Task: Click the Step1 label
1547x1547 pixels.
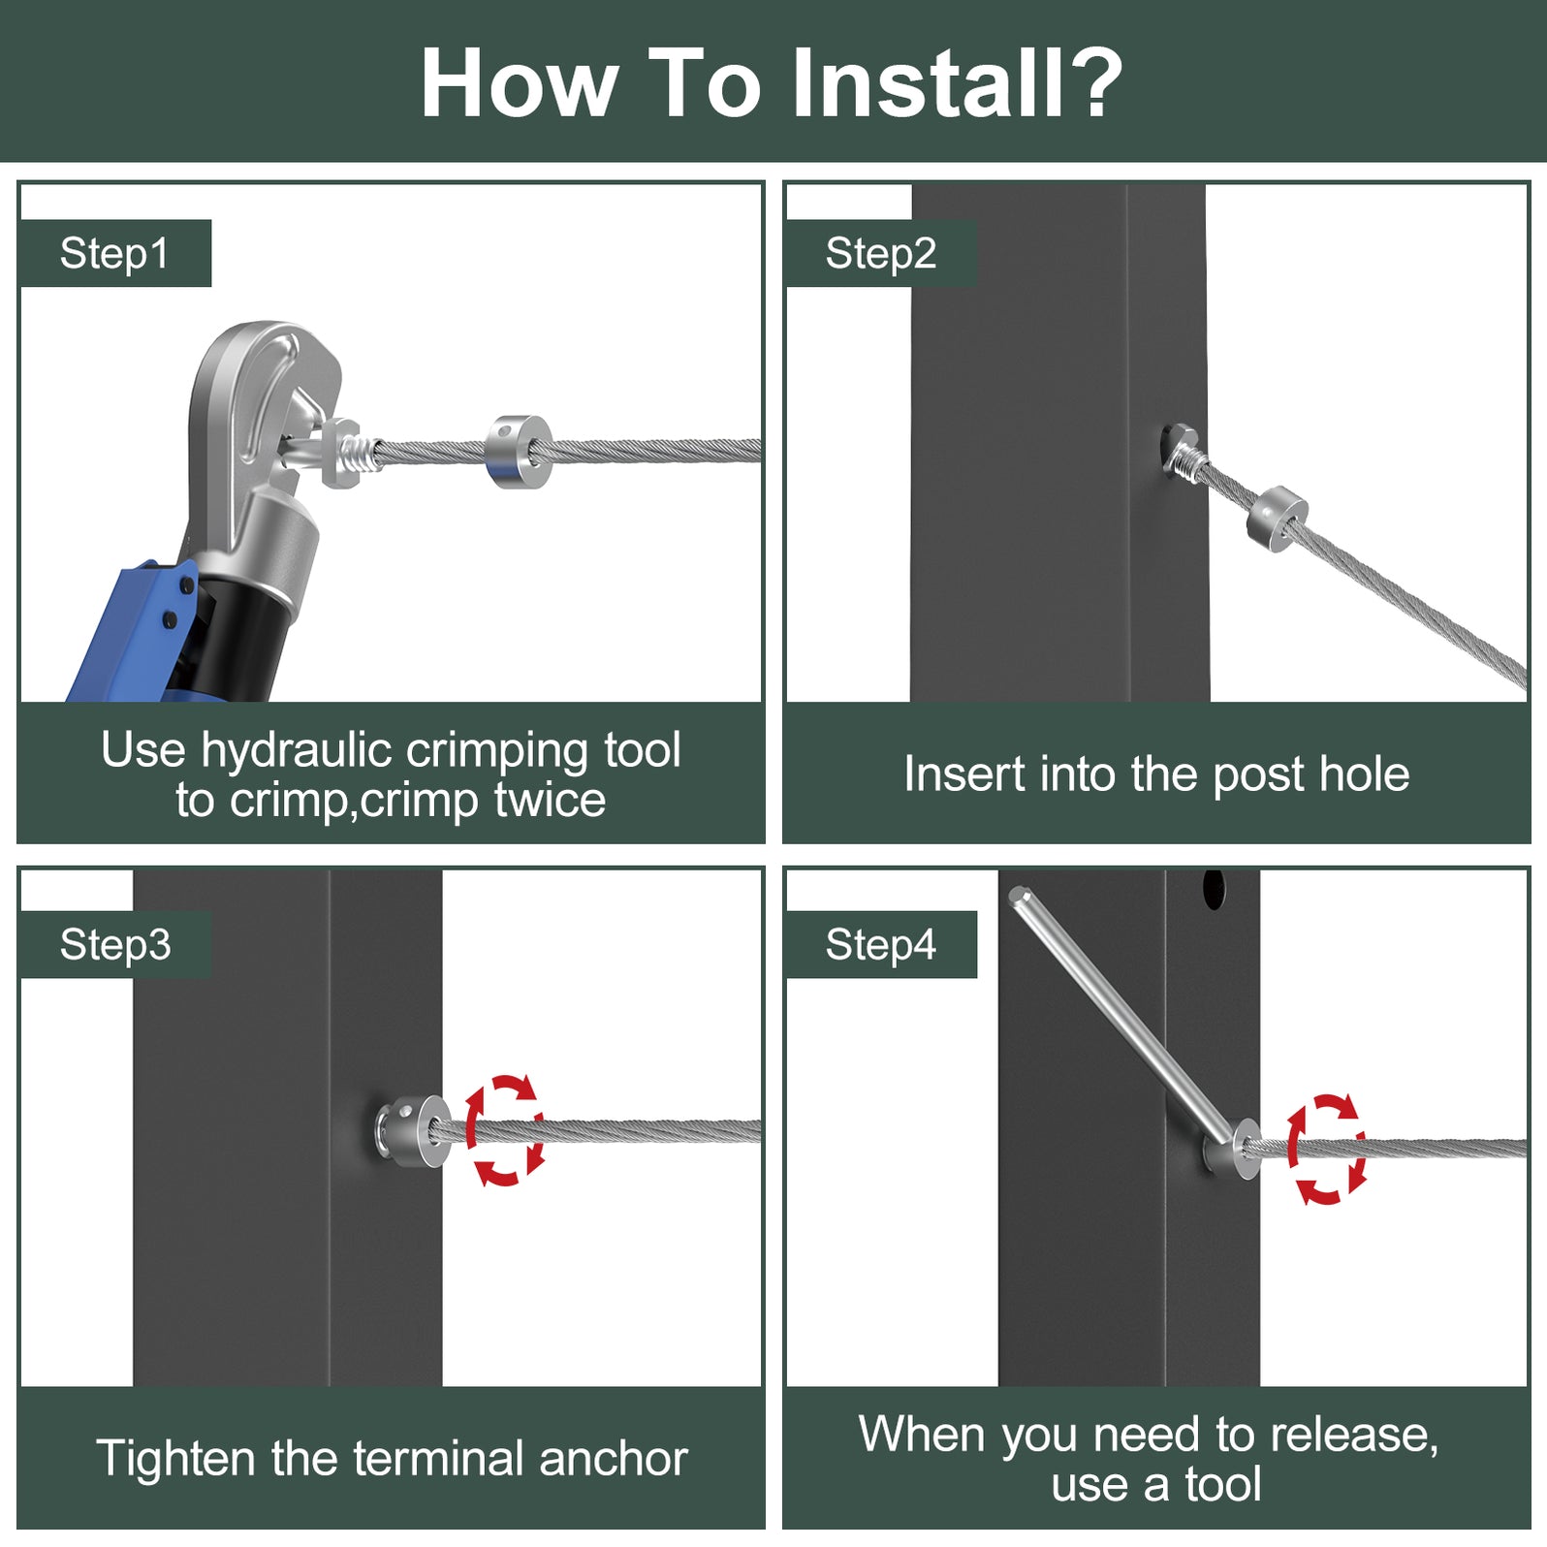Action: coord(114,254)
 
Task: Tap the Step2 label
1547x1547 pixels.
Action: coord(881,254)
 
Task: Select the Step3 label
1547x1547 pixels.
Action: coord(115,945)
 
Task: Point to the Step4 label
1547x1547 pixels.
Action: coord(881,945)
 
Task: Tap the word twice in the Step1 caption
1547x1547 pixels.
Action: coord(550,801)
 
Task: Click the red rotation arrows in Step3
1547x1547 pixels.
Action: coord(504,1130)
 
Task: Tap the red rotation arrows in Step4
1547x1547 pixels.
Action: coord(1327,1150)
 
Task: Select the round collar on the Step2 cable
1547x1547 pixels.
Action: coord(1277,518)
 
